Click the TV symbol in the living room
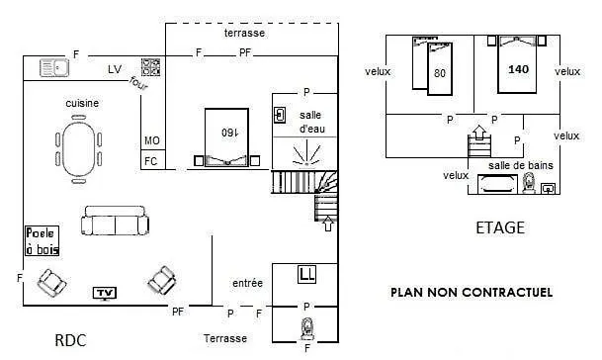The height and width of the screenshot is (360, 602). pos(105,293)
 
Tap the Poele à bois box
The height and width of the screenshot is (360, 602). pos(43,241)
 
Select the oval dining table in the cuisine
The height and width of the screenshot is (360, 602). pos(79,149)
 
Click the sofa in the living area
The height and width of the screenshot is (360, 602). pos(115,221)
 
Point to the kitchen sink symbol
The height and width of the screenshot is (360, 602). pos(54,68)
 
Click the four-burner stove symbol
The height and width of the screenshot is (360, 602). pos(150,67)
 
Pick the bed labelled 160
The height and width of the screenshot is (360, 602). pos(226,137)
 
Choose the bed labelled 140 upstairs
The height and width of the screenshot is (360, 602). pos(517,64)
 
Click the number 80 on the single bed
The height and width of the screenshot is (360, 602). pos(440,73)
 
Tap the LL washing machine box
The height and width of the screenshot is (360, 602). pos(306,274)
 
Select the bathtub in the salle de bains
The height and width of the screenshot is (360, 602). pos(497,184)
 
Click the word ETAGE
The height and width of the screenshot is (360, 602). pos(500,227)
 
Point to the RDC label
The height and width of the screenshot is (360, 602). pos(70,340)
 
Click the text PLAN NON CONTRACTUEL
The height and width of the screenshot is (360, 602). pos(472,293)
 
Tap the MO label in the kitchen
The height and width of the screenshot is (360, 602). pos(152,140)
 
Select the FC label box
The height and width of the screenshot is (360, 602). pos(153,159)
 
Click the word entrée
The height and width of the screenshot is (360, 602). pos(248,283)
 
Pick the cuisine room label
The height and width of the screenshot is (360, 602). pos(82,103)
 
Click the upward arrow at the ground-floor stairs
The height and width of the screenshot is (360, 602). pos(328,224)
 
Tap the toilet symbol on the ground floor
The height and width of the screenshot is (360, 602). pos(307,328)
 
